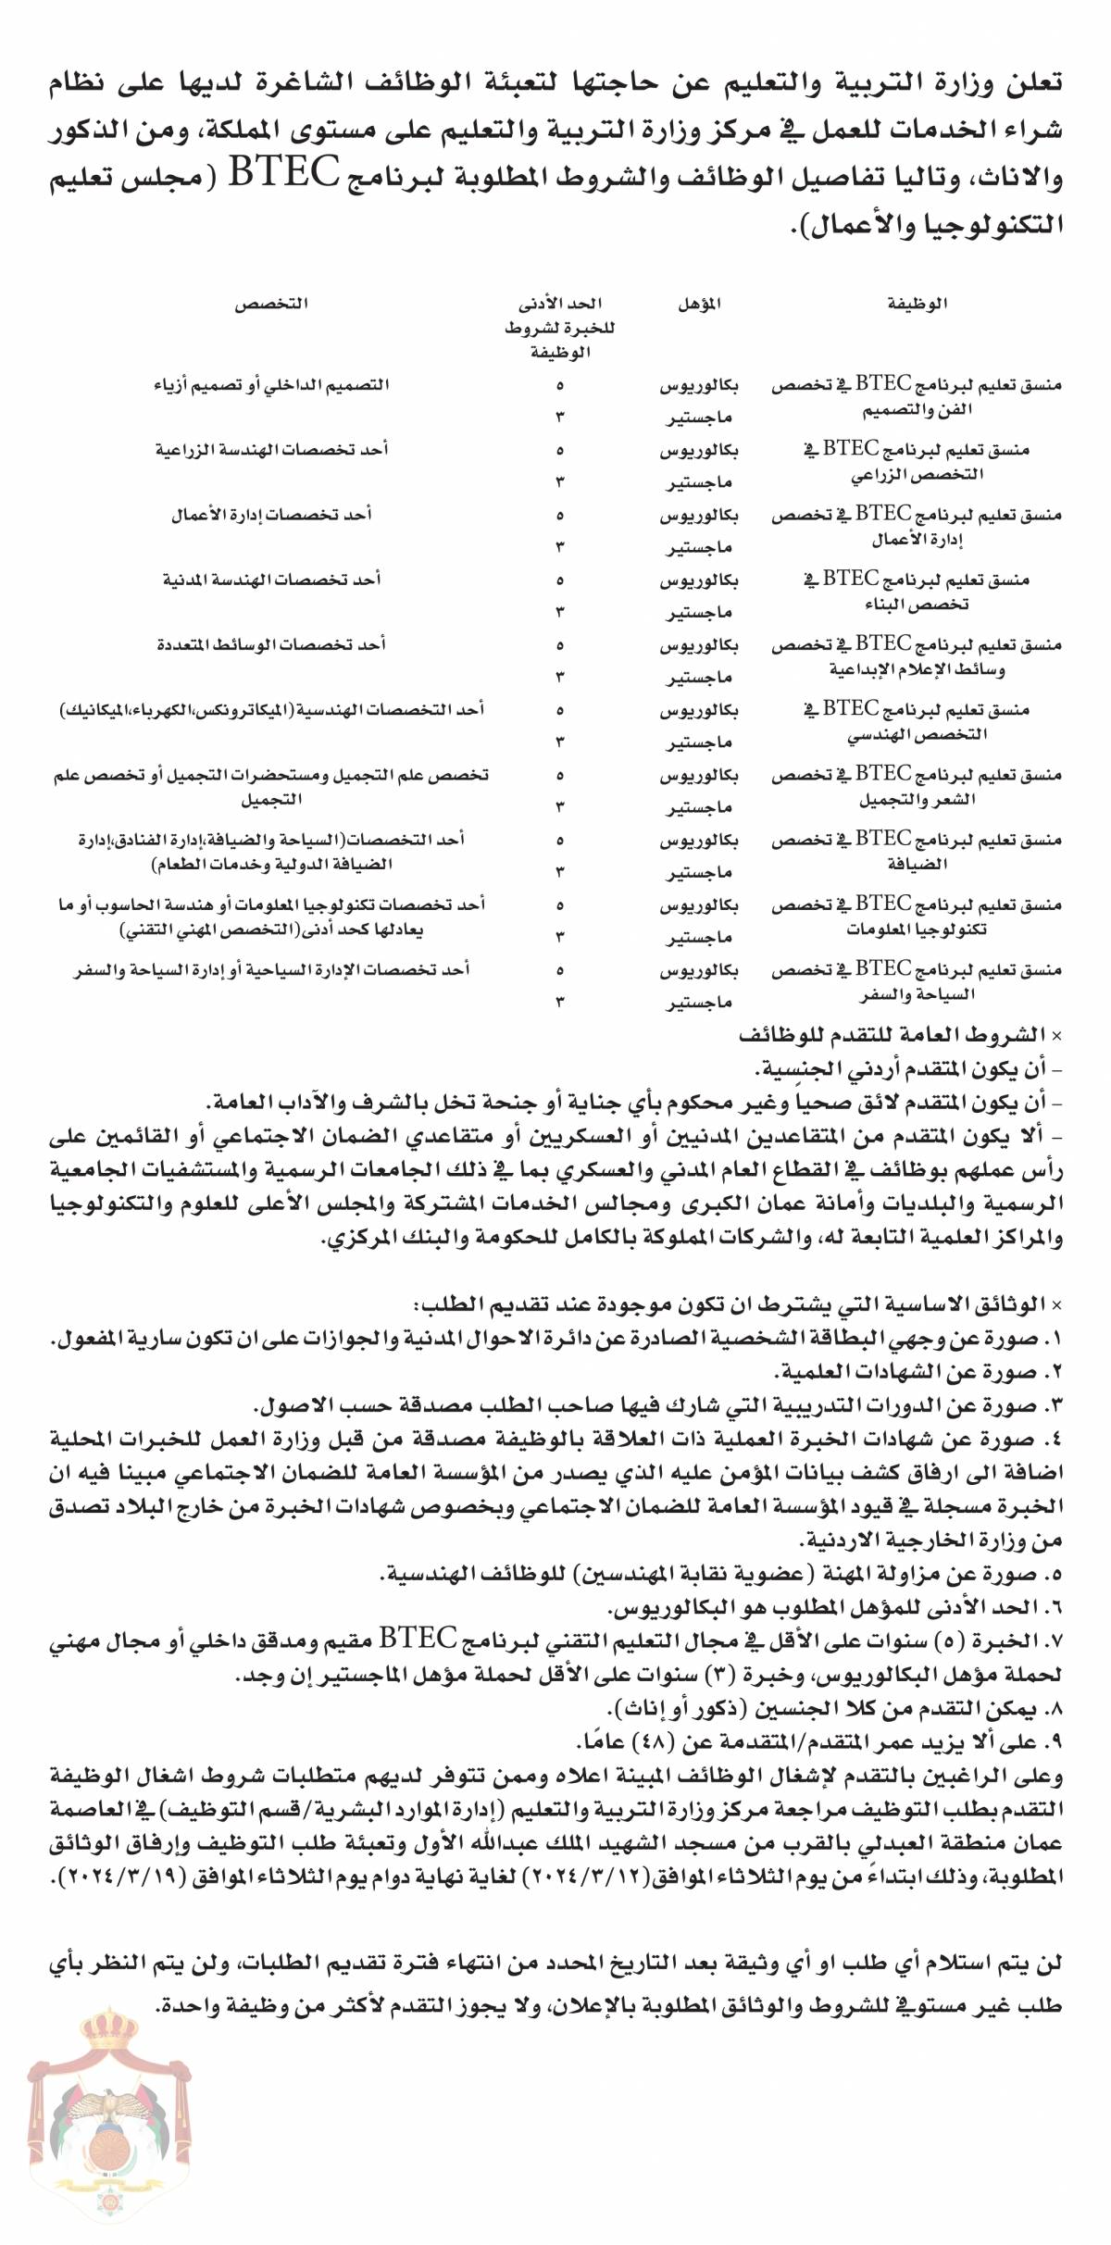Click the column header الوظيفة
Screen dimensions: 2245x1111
click(x=918, y=304)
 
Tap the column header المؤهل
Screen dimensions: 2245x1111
click(x=699, y=304)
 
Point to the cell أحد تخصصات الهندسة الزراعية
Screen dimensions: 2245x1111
click(x=271, y=450)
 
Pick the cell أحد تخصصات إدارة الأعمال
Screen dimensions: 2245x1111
click(x=271, y=515)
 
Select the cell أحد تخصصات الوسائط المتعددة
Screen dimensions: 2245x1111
click(x=271, y=644)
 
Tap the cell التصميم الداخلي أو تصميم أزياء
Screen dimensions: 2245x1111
click(x=271, y=384)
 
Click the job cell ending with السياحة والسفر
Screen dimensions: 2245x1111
click(x=917, y=982)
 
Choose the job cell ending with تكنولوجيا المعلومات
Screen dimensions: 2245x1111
click(x=917, y=917)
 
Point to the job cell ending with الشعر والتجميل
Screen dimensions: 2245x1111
click(x=917, y=787)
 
